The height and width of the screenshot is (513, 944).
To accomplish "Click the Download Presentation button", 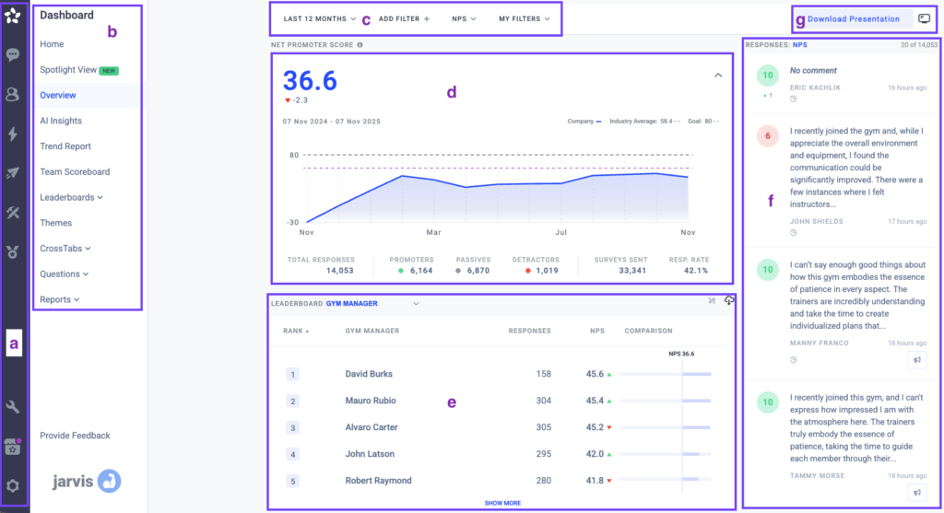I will click(854, 18).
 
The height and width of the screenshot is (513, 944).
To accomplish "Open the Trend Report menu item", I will click(65, 146).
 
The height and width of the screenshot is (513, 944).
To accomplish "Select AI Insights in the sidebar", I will click(61, 121).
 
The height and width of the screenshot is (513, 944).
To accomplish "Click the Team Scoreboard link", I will click(75, 171).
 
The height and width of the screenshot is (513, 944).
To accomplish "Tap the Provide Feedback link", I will click(75, 436).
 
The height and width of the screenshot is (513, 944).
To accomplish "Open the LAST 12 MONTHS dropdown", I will click(320, 18).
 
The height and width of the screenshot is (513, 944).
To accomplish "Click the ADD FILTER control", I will click(404, 18).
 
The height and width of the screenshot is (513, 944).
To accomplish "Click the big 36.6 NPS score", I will click(310, 81).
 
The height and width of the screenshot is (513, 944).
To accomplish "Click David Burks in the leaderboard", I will click(368, 374).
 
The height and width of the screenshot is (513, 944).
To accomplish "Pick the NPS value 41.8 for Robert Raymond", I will click(595, 481).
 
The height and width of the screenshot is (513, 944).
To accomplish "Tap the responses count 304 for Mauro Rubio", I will click(542, 401).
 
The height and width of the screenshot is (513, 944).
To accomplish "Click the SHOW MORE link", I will click(502, 503).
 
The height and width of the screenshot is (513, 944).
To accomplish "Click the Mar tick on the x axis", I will click(433, 232).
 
